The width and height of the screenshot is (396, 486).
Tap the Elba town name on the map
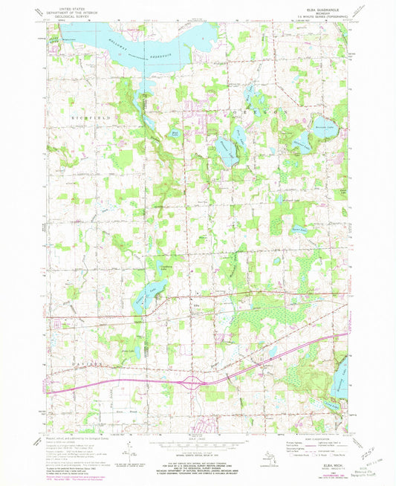pos(177,304)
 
